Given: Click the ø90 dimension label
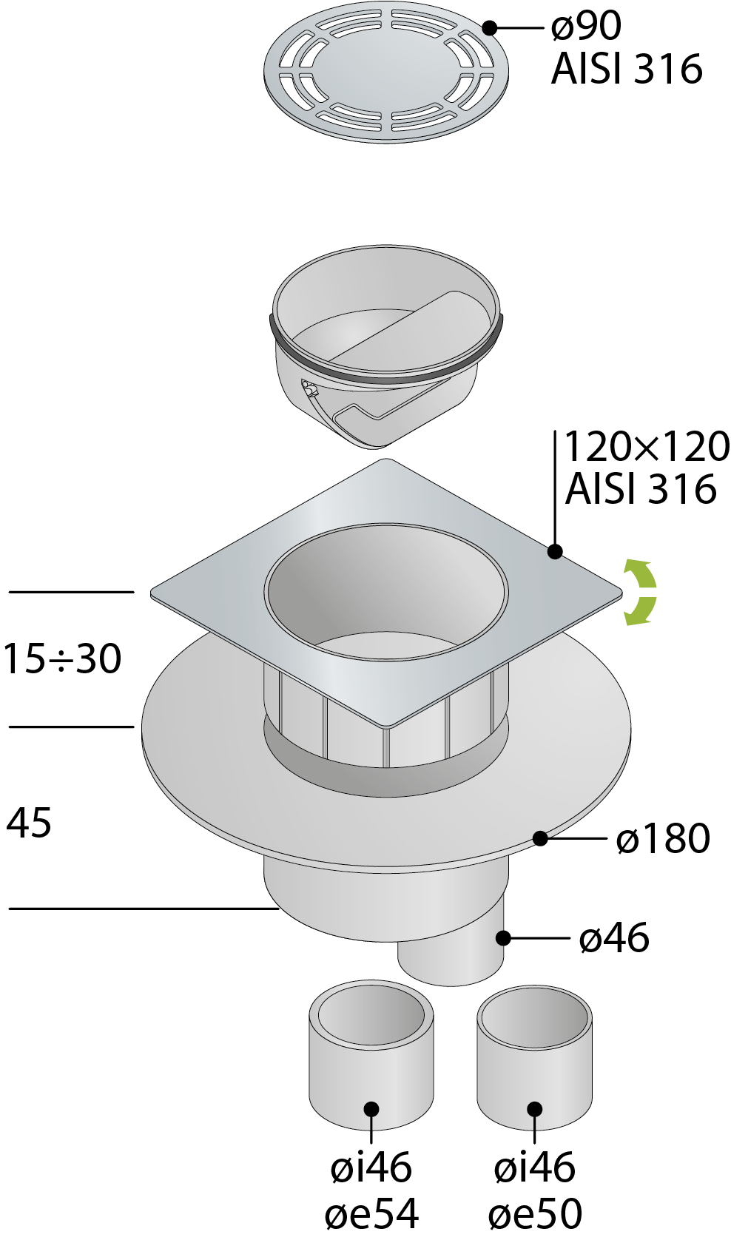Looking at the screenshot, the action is tap(587, 27).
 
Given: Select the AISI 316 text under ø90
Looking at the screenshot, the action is tap(627, 69).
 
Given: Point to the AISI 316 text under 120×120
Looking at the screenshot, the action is tap(641, 489).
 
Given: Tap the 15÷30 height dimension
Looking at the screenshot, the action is tap(62, 658).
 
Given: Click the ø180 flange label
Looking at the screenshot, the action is tap(663, 838).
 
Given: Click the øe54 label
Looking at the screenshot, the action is tap(371, 1213).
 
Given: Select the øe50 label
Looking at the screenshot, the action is tap(535, 1213).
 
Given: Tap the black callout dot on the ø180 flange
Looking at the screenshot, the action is tap(541, 838).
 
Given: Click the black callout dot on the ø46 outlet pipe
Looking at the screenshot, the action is tap(503, 937).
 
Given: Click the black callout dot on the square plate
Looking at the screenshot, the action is tap(555, 551).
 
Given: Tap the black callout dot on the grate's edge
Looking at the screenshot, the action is tap(490, 27).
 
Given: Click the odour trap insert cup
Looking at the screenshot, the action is tap(386, 346).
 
